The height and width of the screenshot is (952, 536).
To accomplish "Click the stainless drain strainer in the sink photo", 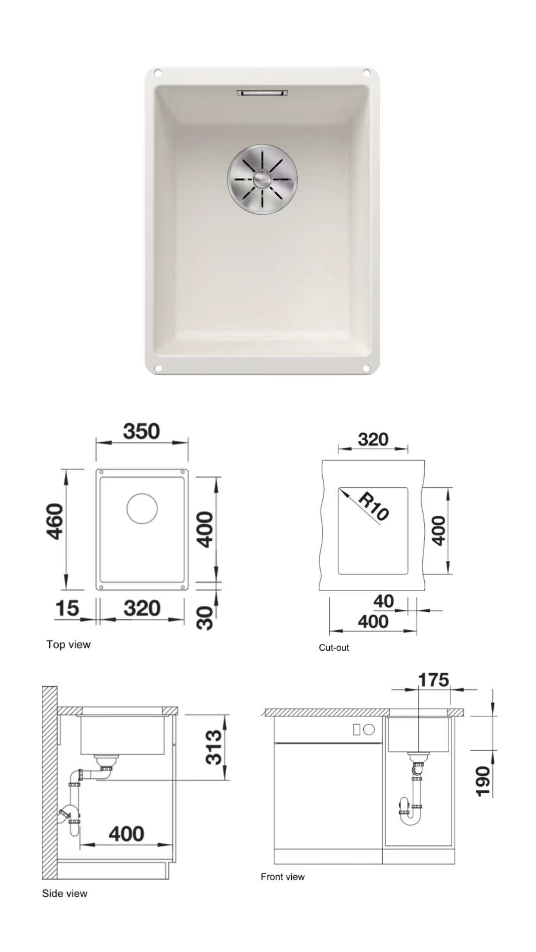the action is point(262,179).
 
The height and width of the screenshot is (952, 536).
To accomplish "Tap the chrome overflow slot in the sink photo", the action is point(262,93).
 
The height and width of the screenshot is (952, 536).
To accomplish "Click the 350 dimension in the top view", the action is point(142,431).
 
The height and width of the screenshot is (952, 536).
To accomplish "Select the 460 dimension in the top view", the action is point(55,521).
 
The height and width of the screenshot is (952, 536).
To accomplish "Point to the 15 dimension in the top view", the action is point(67,608).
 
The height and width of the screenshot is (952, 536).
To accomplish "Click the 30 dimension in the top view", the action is point(205,618).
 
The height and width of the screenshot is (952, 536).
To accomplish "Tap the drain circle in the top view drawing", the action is point(142,508).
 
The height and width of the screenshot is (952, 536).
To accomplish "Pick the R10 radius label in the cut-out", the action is point(374,506).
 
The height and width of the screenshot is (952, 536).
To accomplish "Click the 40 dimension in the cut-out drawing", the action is point(384,601).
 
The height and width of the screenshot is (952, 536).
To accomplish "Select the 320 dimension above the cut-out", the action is point(373,439).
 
